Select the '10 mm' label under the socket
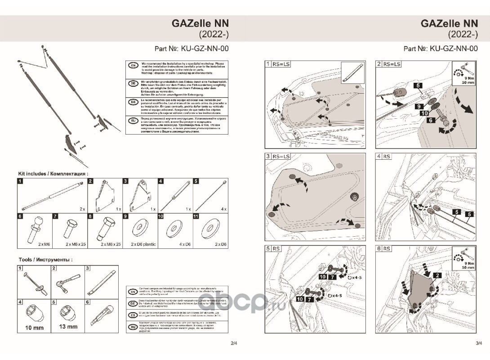pyautogui.click(x=34, y=328)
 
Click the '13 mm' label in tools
pyautogui.click(x=68, y=327)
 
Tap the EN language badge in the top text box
pyautogui.click(x=133, y=66)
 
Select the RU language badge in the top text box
pyautogui.click(x=133, y=121)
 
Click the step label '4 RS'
pyautogui.click(x=384, y=156)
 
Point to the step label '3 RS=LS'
pyautogui.click(x=278, y=156)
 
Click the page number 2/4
pyautogui.click(x=234, y=343)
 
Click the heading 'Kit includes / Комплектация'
pyautogui.click(x=53, y=173)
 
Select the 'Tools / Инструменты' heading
pyautogui.click(x=45, y=260)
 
